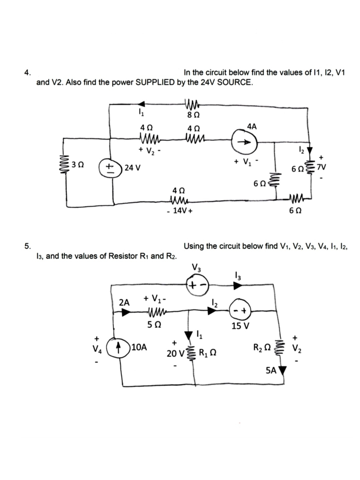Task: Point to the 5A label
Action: point(271,370)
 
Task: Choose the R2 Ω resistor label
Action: point(262,347)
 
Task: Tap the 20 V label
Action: point(175,353)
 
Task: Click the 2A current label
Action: point(124,303)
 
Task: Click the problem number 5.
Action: point(27,246)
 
